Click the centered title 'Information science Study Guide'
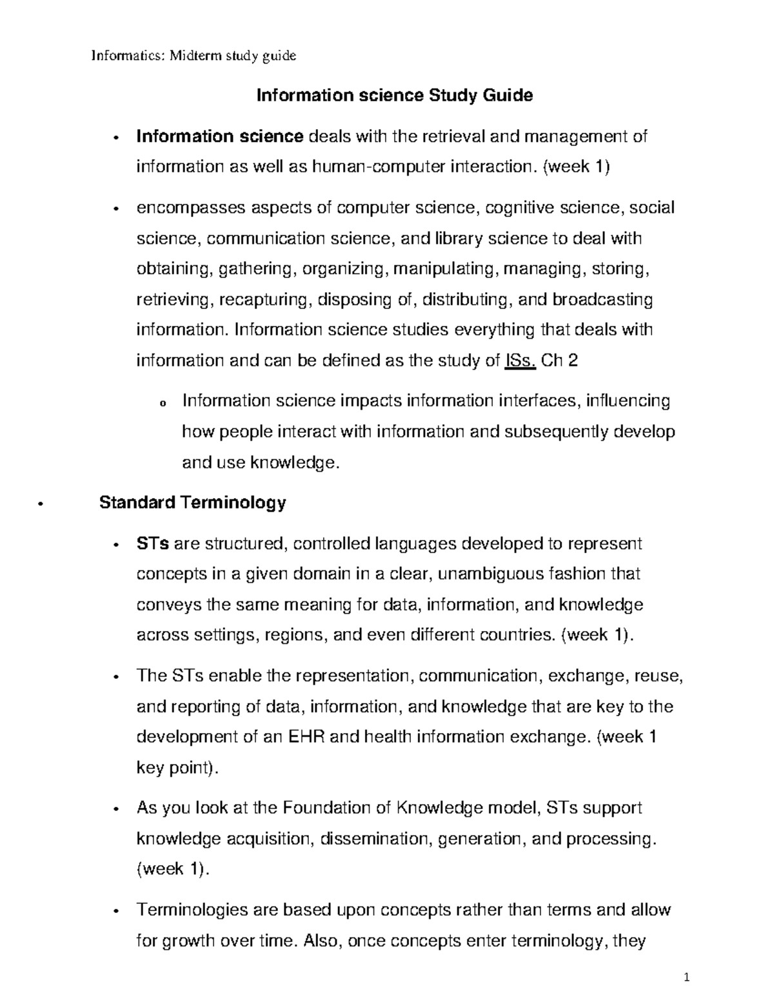pos(395,96)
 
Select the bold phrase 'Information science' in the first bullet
pos(219,137)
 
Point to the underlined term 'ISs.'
pos(519,361)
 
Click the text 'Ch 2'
pos(560,361)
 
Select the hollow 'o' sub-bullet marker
pos(161,403)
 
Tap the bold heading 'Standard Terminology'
pos(192,503)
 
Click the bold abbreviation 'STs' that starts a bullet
pos(153,544)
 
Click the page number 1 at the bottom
pos(688,977)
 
